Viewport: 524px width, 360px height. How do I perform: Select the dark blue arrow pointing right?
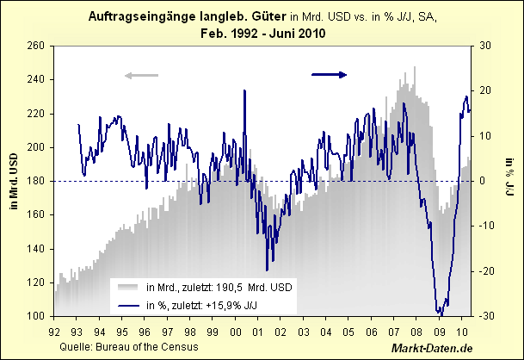pyautogui.click(x=329, y=75)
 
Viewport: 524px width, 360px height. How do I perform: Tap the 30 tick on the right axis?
pyautogui.click(x=485, y=46)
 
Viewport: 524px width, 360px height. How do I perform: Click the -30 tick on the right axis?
pyautogui.click(x=486, y=316)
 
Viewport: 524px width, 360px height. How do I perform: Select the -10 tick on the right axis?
pyautogui.click(x=486, y=226)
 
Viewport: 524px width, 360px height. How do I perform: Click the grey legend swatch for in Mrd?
pyautogui.click(x=128, y=287)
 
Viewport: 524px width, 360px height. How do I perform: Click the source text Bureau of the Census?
pyautogui.click(x=159, y=346)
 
